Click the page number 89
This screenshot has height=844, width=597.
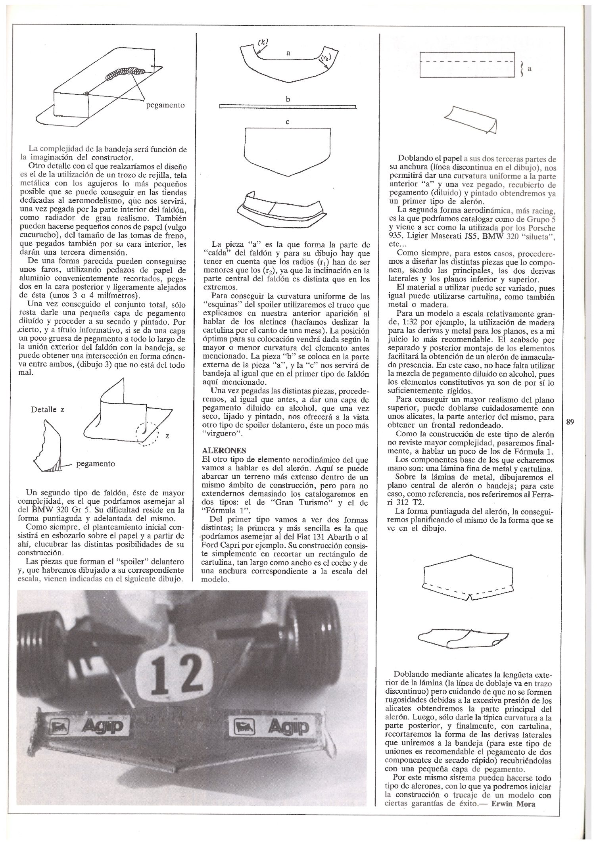tap(570, 422)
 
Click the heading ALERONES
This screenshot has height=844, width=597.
tap(224, 451)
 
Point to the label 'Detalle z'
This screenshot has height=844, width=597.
tap(47, 409)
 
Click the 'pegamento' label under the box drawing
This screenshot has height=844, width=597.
tap(165, 105)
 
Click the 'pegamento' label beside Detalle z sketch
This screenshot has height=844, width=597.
tap(96, 463)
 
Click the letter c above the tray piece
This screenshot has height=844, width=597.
tap(288, 122)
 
